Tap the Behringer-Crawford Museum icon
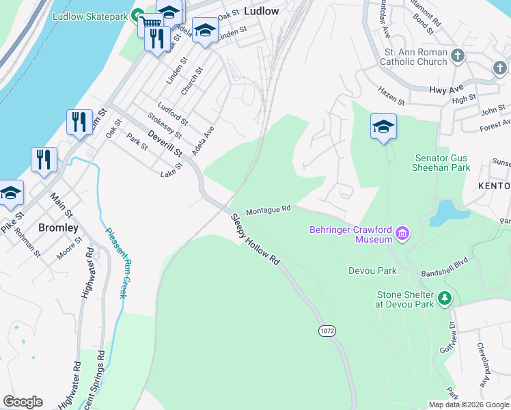tap(402, 234)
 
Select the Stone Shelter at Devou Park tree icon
tap(445, 298)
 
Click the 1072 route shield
tap(327, 330)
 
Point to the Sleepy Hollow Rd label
tap(255, 240)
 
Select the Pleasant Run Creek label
tap(117, 262)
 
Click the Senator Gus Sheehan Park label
tap(442, 163)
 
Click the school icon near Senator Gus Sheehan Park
tap(383, 126)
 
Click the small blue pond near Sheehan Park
tap(445, 212)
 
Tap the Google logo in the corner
tap(23, 402)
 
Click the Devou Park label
tap(372, 271)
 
